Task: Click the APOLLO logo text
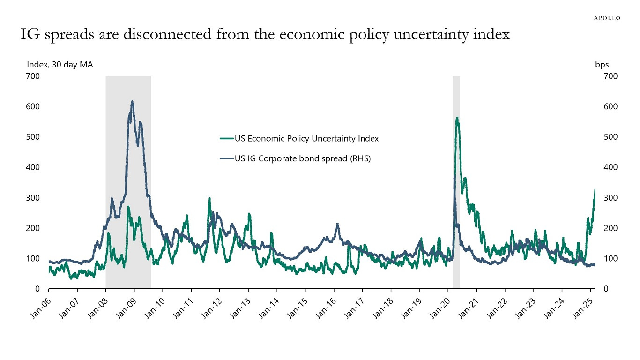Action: pyautogui.click(x=607, y=18)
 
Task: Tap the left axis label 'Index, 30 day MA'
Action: pyautogui.click(x=60, y=65)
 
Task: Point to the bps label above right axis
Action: pyautogui.click(x=602, y=65)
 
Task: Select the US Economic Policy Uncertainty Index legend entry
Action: pyautogui.click(x=299, y=138)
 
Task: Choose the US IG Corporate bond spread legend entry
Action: pyautogui.click(x=295, y=158)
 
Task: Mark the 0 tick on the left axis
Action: pyautogui.click(x=37, y=289)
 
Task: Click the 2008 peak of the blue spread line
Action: pyautogui.click(x=132, y=102)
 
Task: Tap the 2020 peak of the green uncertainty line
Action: pyautogui.click(x=457, y=118)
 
